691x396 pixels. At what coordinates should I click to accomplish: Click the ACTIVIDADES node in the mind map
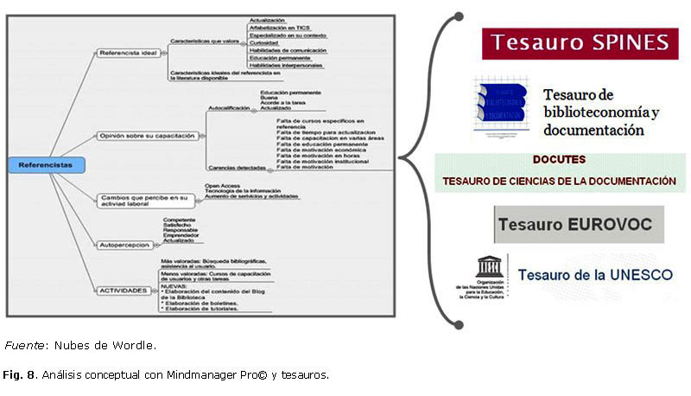121,291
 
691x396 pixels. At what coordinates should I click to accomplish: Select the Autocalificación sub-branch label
230,108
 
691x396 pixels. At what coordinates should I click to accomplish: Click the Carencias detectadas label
235,166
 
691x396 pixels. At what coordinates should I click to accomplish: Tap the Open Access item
221,185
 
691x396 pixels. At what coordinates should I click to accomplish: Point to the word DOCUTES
559,160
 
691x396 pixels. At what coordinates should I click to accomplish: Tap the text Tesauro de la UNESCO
595,275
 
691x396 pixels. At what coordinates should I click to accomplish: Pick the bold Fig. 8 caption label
18,375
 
